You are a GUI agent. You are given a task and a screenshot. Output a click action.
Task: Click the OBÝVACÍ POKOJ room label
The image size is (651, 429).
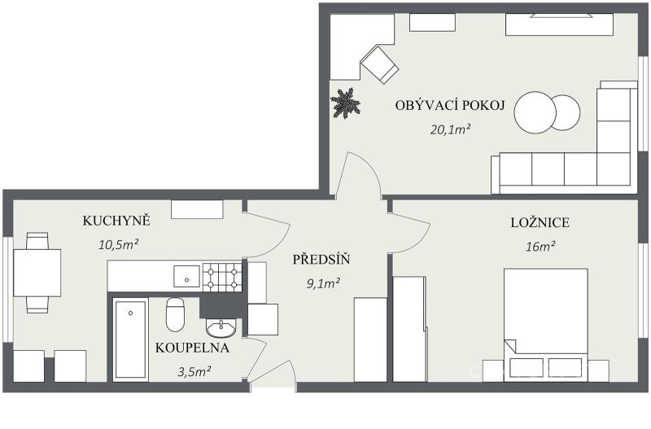450,105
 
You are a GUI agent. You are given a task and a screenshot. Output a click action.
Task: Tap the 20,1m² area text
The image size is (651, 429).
450,129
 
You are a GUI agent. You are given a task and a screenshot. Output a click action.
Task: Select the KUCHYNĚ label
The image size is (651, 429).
116,221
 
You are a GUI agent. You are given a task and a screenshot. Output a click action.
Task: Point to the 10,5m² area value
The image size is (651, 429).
118,244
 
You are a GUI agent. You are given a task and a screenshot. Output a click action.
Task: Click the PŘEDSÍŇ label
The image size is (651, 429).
321,260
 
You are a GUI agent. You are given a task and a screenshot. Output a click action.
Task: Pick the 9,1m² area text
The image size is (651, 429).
323,283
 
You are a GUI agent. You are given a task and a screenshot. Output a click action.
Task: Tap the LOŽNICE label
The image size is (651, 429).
540,222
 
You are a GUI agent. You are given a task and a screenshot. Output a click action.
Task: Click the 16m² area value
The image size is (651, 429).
540,247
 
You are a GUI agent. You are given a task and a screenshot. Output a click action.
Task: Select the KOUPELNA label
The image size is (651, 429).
192,348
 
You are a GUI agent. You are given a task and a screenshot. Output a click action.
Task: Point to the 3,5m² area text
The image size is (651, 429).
194,371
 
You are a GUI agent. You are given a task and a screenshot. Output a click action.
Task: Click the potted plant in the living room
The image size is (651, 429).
345,103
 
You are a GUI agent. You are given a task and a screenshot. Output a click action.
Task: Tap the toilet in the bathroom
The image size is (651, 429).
175,314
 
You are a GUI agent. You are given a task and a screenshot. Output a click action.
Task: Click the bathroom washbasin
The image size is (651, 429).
221,328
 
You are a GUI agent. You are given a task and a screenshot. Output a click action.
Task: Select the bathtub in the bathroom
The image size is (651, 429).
130,339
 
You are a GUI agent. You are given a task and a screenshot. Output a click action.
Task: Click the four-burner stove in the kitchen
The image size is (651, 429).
222,277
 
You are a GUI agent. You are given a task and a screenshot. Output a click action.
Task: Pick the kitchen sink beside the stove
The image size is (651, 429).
187,276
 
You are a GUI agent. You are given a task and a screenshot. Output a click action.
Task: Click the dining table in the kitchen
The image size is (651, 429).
37,273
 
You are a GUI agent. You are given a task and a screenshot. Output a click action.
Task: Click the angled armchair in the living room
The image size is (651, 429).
379,64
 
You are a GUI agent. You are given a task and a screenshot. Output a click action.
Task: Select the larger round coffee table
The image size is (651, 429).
535,112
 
